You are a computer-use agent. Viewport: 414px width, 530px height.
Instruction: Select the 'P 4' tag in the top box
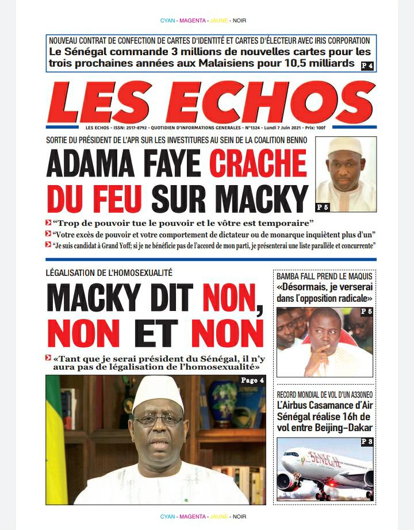pyautogui.click(x=367, y=66)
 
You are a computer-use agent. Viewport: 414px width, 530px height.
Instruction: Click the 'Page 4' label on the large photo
pyautogui.click(x=253, y=381)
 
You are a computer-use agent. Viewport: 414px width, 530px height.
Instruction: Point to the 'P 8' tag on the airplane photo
pyautogui.click(x=367, y=441)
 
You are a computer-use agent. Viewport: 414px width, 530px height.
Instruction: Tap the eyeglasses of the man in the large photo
pyautogui.click(x=158, y=419)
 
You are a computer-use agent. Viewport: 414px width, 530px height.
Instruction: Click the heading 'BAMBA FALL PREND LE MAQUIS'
pyautogui.click(x=323, y=276)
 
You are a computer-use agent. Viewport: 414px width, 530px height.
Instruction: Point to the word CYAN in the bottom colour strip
pyautogui.click(x=168, y=517)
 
